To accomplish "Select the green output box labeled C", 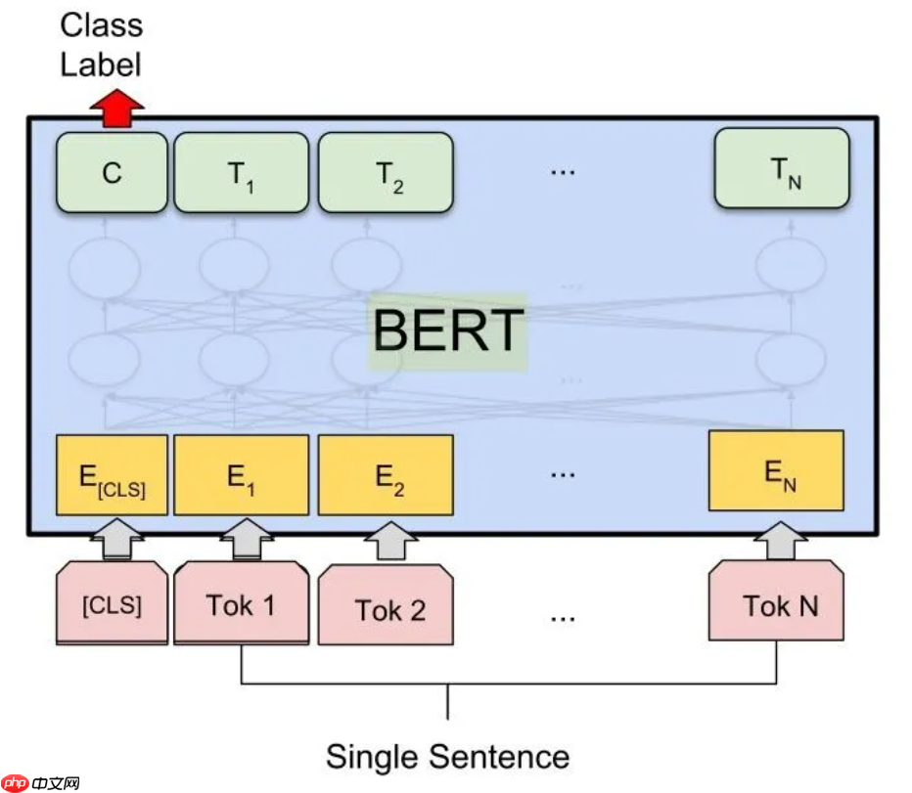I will (x=113, y=172).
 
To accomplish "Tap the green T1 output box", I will (x=241, y=172).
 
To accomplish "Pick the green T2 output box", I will (x=386, y=172).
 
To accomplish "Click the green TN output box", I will (x=781, y=168).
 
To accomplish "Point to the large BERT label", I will (x=448, y=330).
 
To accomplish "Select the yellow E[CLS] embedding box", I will (x=113, y=475).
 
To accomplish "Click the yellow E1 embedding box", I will (x=241, y=475).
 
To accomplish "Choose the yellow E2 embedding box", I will (x=386, y=475).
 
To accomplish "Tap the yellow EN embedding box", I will (x=776, y=470).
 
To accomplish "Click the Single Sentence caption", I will (x=447, y=756).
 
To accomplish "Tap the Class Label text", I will (x=101, y=45).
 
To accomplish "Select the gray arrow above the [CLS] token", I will (x=116, y=539).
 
